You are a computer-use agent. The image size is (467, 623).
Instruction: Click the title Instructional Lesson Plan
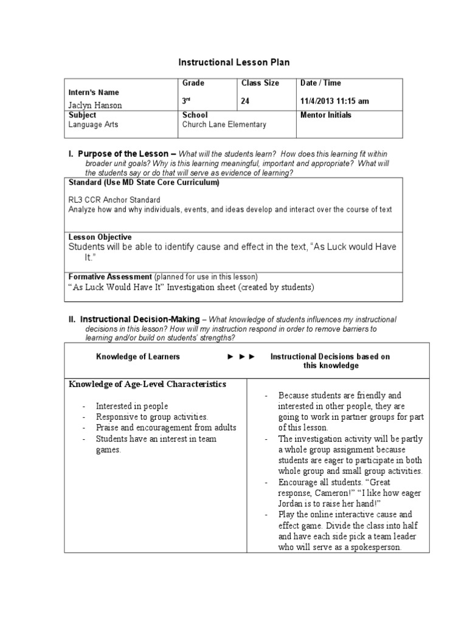pyautogui.click(x=234, y=62)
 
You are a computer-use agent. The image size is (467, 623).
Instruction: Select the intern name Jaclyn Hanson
pyautogui.click(x=96, y=105)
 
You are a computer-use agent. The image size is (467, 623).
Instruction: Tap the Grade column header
pyautogui.click(x=193, y=83)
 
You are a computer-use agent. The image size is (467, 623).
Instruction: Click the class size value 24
pyautogui.click(x=246, y=102)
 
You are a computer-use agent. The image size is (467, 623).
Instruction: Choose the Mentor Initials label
pyautogui.click(x=326, y=115)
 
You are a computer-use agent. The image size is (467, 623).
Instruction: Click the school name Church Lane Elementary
pyautogui.click(x=224, y=125)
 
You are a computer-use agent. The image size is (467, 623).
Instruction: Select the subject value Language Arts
pyautogui.click(x=94, y=125)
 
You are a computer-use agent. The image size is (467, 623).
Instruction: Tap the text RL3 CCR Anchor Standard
pyautogui.click(x=115, y=200)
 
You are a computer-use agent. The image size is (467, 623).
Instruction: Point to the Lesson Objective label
pyautogui.click(x=100, y=237)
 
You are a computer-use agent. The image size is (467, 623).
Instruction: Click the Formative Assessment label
pyautogui.click(x=110, y=277)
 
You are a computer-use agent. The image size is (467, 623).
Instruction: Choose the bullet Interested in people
pyautogui.click(x=132, y=406)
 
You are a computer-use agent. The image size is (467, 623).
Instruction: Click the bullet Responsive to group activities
pyautogui.click(x=152, y=417)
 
